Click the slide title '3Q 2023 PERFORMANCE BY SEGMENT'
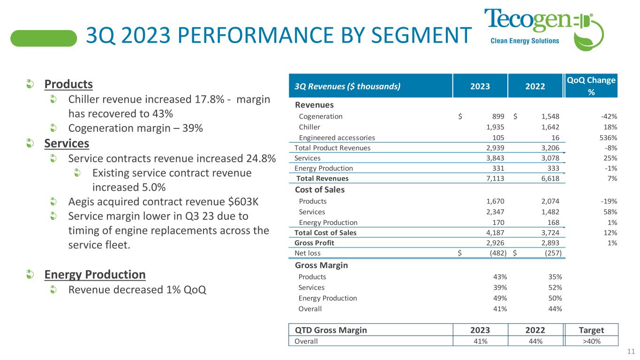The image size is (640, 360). [x=279, y=36]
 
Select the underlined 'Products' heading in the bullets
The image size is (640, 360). [x=68, y=84]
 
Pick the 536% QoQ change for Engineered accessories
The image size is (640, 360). [x=609, y=138]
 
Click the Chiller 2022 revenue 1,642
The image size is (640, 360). [x=550, y=127]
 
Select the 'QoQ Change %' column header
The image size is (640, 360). [x=591, y=86]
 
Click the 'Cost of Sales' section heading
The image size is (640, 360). [x=320, y=190]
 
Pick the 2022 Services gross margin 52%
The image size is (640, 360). [x=555, y=287]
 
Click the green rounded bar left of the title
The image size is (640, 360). [x=44, y=38]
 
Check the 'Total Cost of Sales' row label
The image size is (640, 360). [x=325, y=232]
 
